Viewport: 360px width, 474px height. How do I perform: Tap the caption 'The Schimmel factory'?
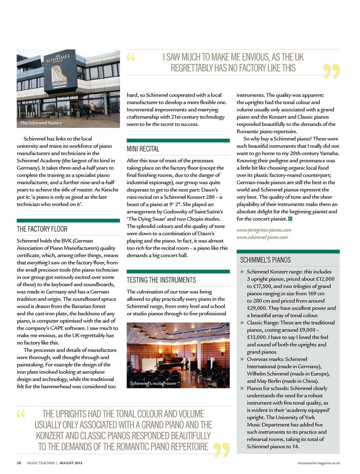[x=41, y=123]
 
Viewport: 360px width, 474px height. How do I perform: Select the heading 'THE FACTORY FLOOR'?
[x=42, y=229]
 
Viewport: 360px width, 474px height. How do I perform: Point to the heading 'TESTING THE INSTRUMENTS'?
[x=161, y=280]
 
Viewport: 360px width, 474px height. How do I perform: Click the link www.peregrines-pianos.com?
[x=263, y=230]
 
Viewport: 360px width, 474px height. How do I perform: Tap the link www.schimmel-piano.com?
[x=262, y=237]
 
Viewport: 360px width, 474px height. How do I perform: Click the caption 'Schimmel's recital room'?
[x=153, y=383]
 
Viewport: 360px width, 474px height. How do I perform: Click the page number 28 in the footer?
[x=19, y=463]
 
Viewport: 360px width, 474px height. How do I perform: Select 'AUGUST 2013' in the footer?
[x=71, y=463]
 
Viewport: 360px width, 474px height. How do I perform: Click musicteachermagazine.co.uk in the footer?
[x=319, y=463]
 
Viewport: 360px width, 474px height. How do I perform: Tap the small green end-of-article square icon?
[x=290, y=219]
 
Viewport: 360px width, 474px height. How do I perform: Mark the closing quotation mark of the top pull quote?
[x=331, y=71]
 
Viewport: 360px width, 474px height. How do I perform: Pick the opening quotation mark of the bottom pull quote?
[x=21, y=414]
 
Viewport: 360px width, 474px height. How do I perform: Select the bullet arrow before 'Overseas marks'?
[x=242, y=360]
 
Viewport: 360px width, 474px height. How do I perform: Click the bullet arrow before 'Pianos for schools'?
[x=242, y=388]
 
